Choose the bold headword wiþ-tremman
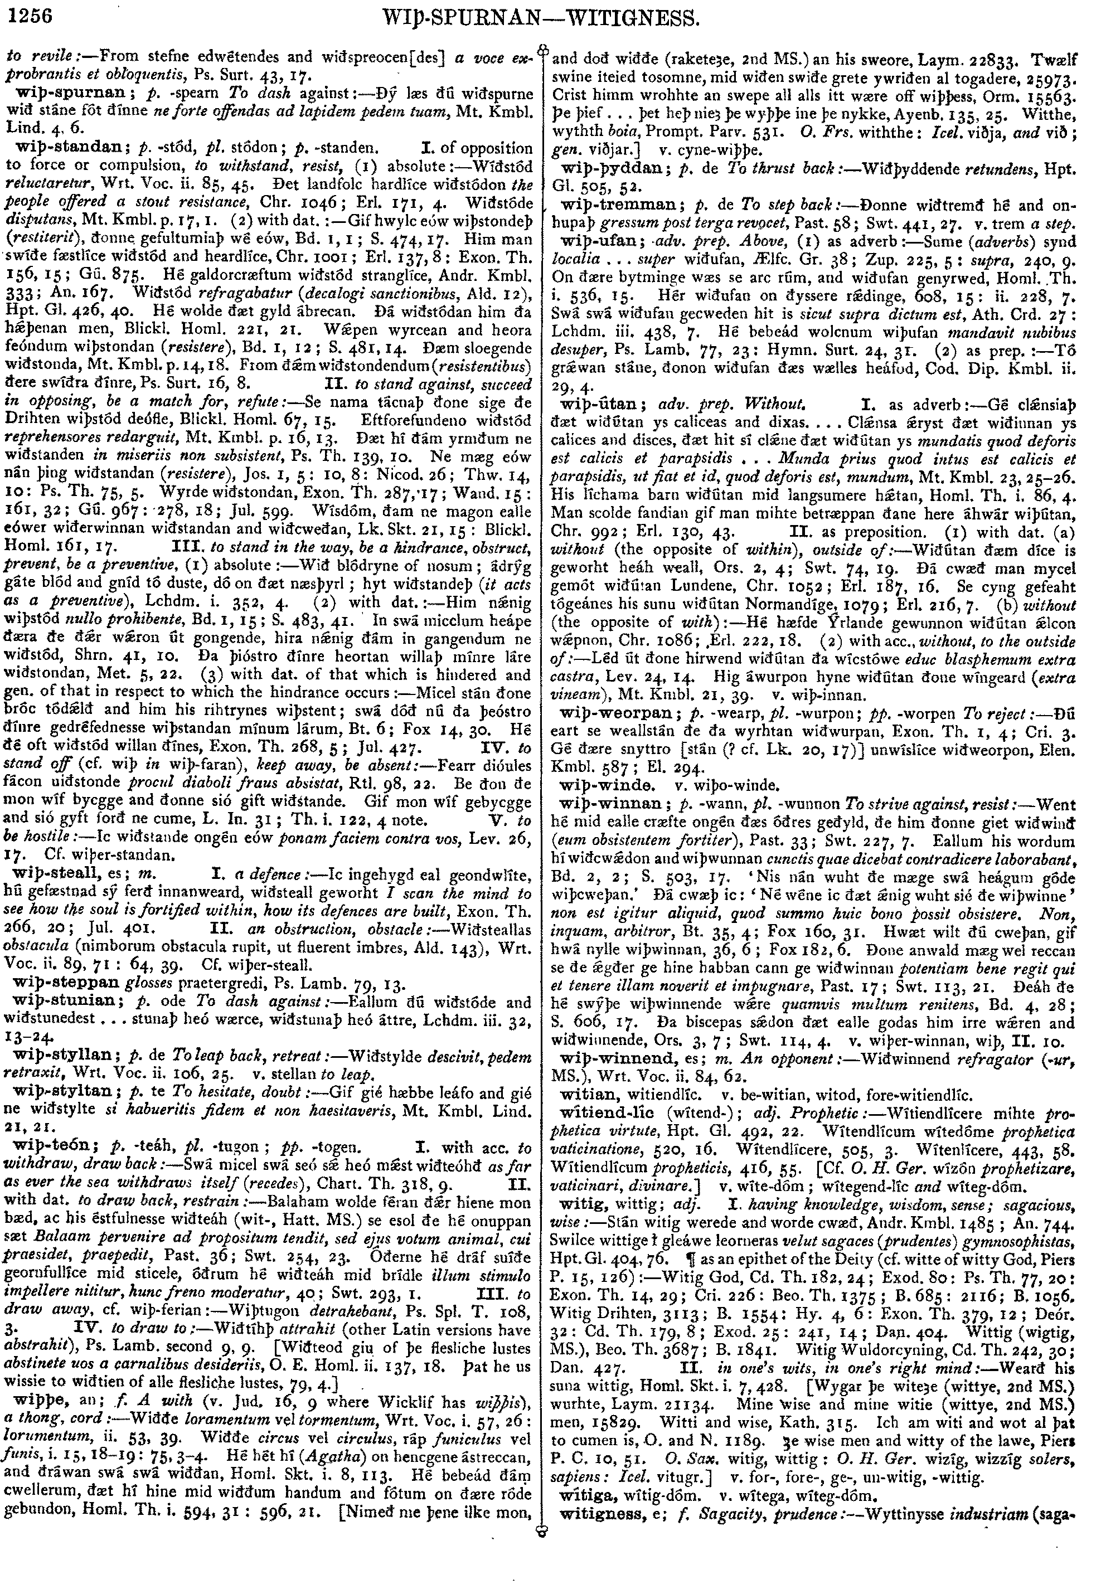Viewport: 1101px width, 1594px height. [x=609, y=206]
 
